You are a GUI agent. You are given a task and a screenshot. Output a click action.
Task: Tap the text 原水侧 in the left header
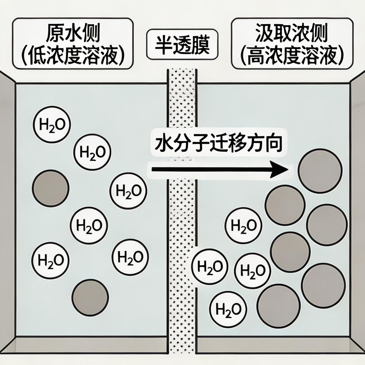coord(73,34)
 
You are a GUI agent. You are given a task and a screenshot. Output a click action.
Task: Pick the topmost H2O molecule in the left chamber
coord(52,124)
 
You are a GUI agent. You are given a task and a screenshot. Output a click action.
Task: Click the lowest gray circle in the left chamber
coord(90,297)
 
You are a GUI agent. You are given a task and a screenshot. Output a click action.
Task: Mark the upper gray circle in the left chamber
coord(50,188)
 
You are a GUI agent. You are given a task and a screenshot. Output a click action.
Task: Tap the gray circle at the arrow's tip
coord(320,171)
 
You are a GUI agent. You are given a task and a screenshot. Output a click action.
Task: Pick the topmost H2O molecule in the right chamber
coord(243,226)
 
